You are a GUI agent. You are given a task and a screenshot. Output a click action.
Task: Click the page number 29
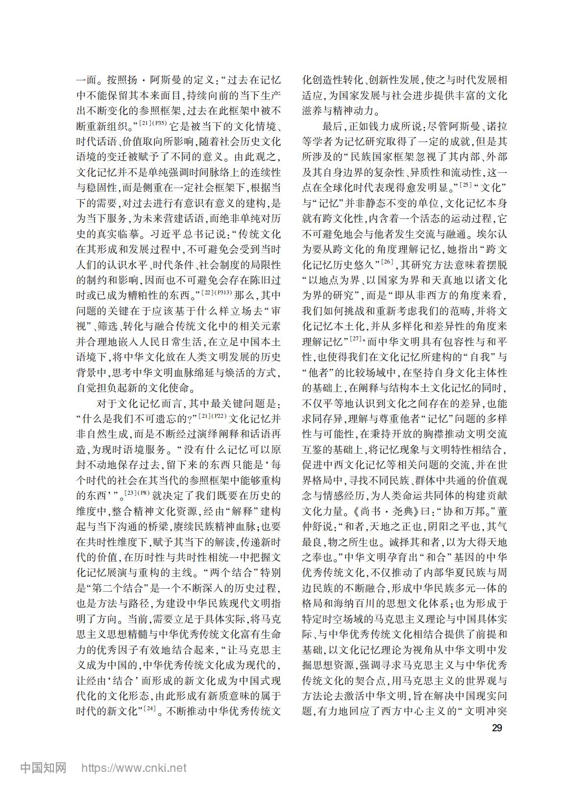point(497,728)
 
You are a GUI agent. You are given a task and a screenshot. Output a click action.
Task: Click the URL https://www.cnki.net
point(134,767)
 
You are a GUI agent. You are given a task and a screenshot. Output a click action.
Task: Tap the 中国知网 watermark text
point(43,767)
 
